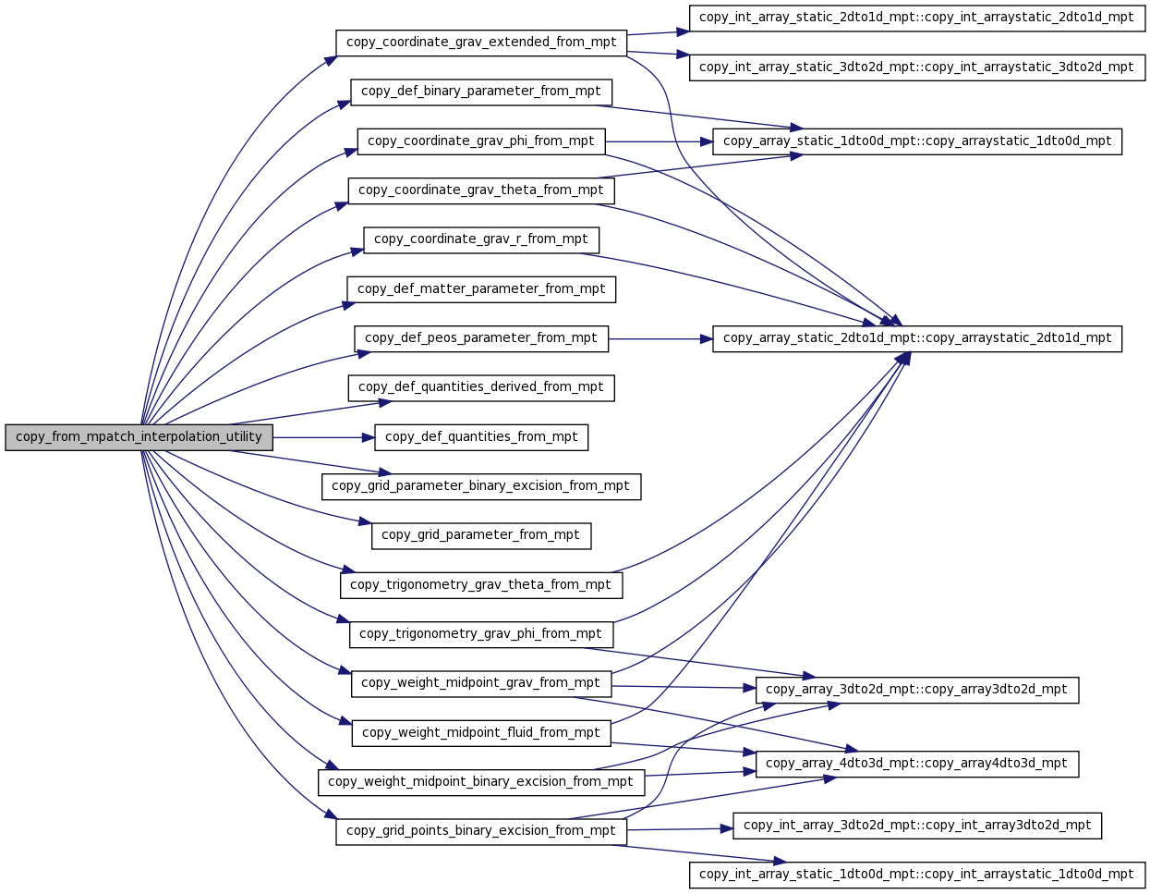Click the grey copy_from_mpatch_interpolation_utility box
(x=139, y=437)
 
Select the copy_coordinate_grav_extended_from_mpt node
(x=480, y=43)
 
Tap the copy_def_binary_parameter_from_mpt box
(x=480, y=92)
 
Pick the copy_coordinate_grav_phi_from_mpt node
(x=480, y=141)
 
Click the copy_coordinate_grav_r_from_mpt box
(x=480, y=240)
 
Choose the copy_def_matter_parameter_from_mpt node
(x=480, y=289)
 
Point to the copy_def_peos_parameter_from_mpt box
(x=480, y=338)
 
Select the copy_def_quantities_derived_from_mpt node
(x=480, y=388)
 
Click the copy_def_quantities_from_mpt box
(x=480, y=437)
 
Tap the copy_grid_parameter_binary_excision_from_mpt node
(x=480, y=486)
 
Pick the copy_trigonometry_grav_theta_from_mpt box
(x=480, y=585)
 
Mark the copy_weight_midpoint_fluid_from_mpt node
(x=480, y=733)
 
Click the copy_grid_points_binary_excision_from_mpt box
(x=480, y=831)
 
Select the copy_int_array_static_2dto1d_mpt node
(x=916, y=18)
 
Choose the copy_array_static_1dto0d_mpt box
(x=916, y=141)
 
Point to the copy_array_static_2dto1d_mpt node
(x=916, y=338)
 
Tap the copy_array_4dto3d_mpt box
(x=916, y=764)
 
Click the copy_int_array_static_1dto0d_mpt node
(x=916, y=875)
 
